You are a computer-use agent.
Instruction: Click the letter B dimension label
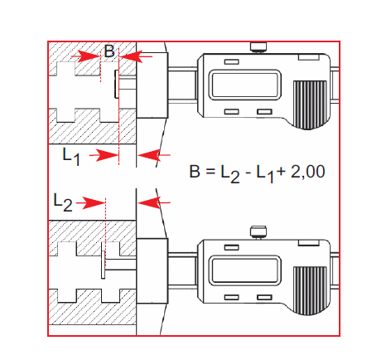(109, 51)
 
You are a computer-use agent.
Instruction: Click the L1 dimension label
(71, 157)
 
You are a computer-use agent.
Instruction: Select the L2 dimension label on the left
(63, 202)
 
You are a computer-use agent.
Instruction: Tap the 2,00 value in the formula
(308, 172)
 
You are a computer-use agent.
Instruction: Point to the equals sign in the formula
(210, 172)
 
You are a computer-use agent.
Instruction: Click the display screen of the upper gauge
(244, 85)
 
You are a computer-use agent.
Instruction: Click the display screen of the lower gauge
(244, 270)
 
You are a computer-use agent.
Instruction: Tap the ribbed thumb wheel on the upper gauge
(310, 105)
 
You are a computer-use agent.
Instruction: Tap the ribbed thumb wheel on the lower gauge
(310, 290)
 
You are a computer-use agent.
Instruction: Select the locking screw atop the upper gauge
(258, 47)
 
